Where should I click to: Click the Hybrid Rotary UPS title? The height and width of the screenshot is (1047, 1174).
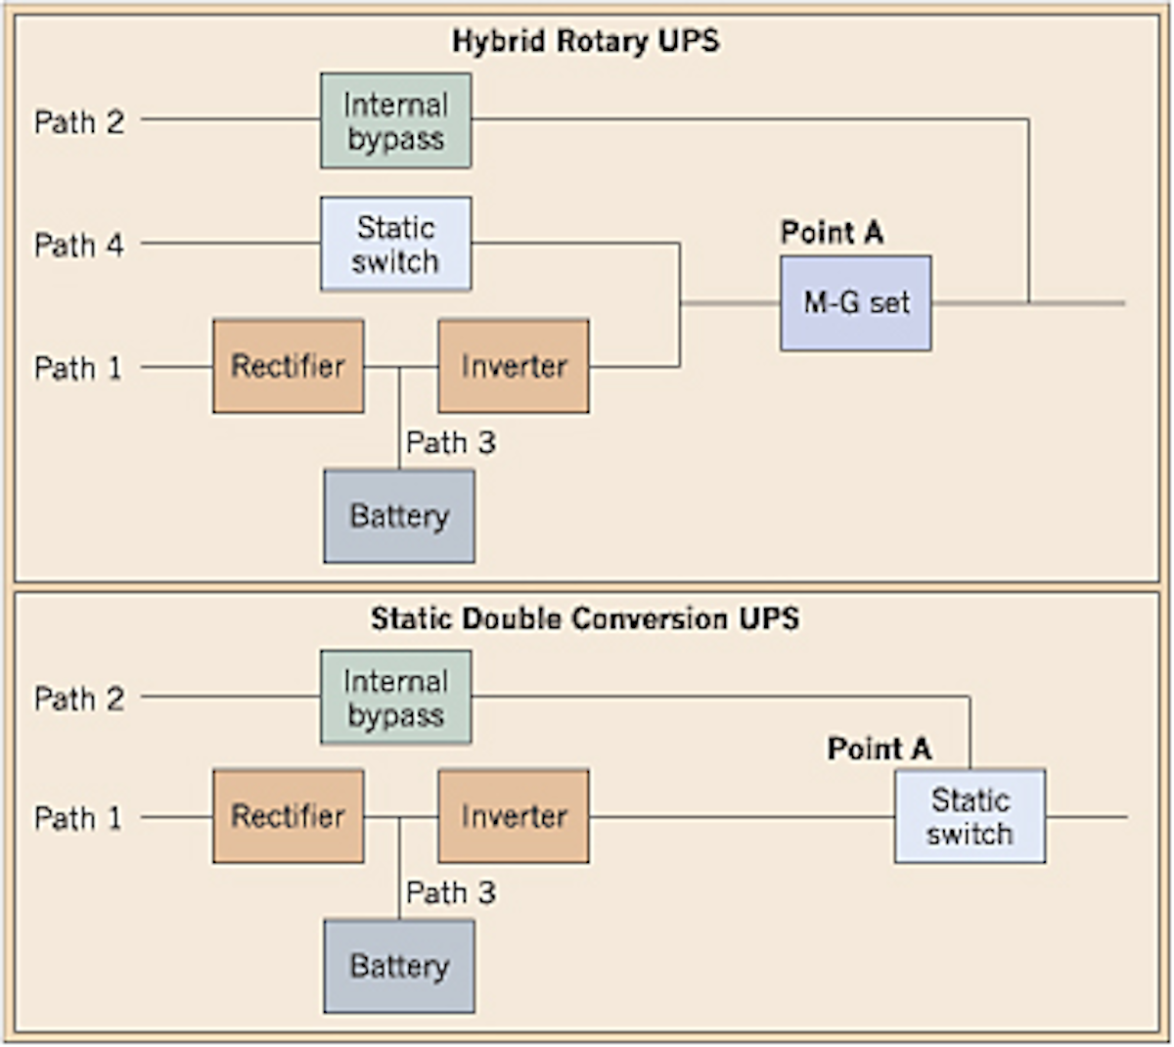585,41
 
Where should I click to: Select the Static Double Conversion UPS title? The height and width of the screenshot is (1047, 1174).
585,618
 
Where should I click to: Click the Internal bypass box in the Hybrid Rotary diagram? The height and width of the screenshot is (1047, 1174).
395,121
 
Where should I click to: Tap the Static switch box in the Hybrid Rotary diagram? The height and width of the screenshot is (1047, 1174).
395,244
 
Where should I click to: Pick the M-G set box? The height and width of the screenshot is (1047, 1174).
855,303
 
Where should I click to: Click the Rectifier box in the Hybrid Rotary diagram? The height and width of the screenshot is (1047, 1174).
288,366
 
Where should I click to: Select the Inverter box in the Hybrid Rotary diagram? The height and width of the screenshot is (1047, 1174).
513,366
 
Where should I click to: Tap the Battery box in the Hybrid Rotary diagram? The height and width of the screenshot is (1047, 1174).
399,516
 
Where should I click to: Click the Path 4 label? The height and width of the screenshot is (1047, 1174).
79,245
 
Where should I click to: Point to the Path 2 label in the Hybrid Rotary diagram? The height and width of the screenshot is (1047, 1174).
79,122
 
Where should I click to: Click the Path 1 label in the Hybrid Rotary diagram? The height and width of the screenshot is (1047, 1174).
79,368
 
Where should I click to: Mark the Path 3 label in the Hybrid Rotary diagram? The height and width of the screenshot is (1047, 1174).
451,442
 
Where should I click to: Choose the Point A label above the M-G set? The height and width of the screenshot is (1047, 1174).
832,233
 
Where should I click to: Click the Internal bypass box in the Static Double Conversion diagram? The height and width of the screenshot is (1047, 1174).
395,698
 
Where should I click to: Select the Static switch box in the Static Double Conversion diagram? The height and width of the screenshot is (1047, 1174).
970,816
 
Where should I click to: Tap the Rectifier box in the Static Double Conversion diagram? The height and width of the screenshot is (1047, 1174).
288,816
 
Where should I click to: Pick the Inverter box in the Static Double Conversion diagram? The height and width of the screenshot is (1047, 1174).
513,816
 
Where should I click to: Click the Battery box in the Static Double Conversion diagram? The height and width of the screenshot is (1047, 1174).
399,966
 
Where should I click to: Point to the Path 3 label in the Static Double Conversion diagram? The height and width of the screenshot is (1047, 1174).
451,892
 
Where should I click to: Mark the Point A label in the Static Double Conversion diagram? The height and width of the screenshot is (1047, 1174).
879,749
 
